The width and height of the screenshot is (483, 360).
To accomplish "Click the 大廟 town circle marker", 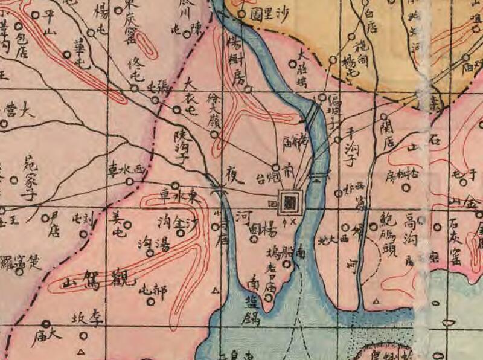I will tap(46, 324).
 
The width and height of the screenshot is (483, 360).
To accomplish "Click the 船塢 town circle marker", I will tap(287, 264).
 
